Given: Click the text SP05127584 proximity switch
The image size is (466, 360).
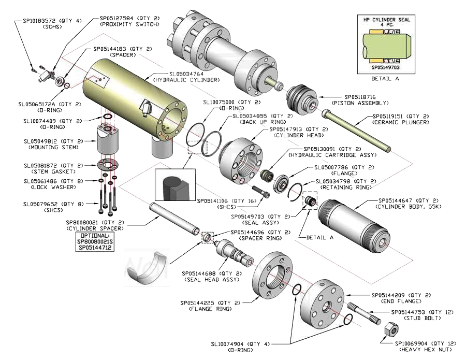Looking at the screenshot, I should click(x=129, y=18).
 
